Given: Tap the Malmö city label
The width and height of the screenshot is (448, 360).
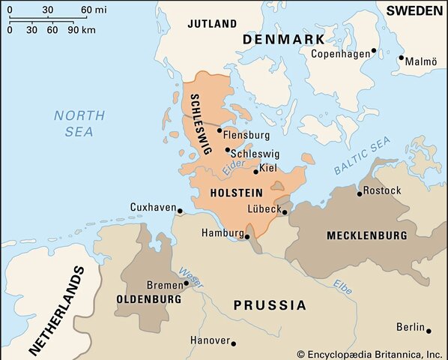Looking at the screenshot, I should point(420,61).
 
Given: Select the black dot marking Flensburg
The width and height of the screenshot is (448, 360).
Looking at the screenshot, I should point(219,130).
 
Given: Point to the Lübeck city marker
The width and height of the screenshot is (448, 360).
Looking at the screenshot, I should point(285,212).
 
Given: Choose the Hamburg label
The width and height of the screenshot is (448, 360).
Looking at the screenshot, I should point(223,233).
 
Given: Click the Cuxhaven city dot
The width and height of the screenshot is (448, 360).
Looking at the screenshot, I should point(180,211).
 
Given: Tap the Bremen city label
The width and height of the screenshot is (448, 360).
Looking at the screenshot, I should point(164,285).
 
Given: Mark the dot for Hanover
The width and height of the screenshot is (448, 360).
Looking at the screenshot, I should point(233,343).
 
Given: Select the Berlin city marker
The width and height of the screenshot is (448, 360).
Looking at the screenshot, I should point(429,330).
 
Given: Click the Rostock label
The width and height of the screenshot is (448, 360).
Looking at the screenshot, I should point(383,190).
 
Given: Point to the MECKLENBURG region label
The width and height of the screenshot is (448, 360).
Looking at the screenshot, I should point(366,235).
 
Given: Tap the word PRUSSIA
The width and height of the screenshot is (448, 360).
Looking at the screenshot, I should point(270,305).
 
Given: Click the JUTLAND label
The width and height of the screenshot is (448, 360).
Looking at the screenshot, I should point(211,24).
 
